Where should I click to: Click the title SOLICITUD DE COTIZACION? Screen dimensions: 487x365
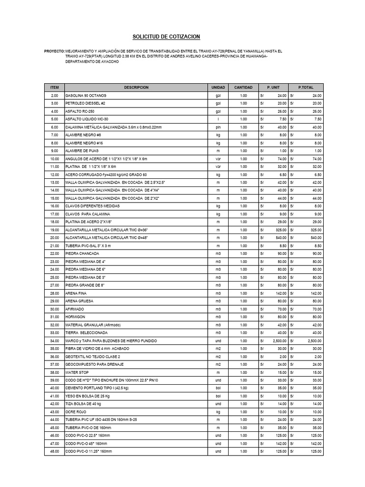[x=165, y=37]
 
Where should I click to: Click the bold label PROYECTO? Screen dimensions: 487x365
[x=54, y=50]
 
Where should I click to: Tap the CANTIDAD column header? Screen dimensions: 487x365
[x=243, y=88]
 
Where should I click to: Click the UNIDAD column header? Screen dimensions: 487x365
[x=218, y=88]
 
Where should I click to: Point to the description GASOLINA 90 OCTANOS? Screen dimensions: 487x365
[x=86, y=96]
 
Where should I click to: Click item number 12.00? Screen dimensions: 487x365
[x=54, y=175]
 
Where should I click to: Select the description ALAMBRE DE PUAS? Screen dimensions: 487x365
[x=82, y=151]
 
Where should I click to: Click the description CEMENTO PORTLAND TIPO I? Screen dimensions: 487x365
[x=96, y=388]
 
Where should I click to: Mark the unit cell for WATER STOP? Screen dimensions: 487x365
[x=218, y=372]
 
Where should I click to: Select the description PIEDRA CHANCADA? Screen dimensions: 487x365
[x=82, y=253]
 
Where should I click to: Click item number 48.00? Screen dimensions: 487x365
[x=54, y=451]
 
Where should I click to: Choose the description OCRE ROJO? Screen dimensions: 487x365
[x=77, y=412]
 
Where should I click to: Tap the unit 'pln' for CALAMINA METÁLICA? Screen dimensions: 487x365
[x=218, y=127]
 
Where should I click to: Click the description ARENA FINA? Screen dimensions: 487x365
[x=76, y=293]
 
